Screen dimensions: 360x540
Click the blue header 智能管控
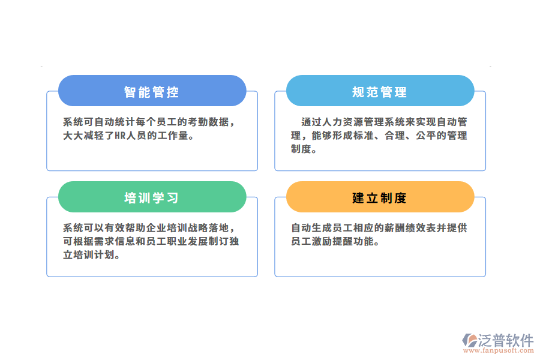tap(152, 92)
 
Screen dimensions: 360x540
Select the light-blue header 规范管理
tap(380, 92)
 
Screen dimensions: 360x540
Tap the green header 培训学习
tap(152, 198)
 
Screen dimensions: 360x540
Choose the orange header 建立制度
tap(380, 198)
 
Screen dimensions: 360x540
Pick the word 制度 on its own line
tap(301, 149)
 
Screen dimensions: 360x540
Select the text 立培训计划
tap(88, 255)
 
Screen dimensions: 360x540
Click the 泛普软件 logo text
tap(505, 340)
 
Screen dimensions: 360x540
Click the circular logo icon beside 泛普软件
tap(469, 341)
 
